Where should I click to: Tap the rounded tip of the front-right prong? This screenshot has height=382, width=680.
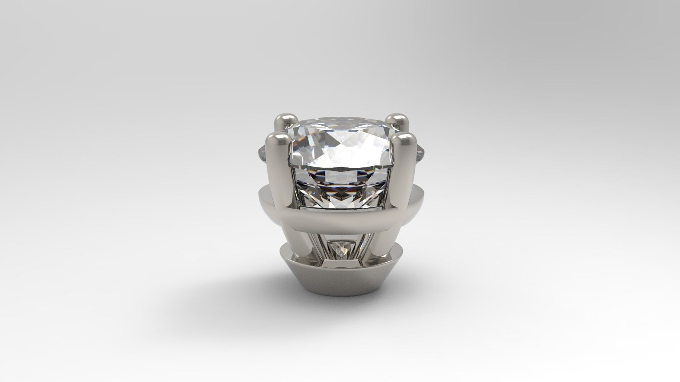403,141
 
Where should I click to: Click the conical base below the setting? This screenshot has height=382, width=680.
340,289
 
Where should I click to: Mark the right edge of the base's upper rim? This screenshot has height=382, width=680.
399,253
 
